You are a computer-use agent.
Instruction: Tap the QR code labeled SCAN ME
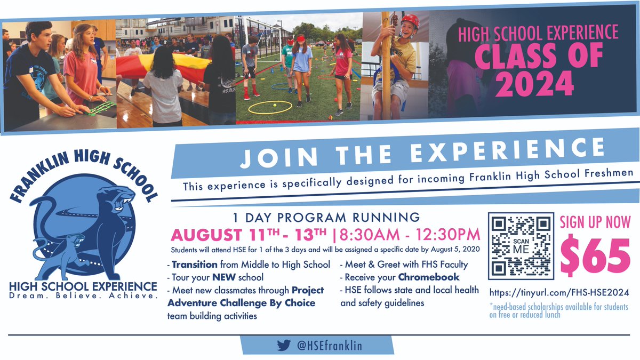point(521,245)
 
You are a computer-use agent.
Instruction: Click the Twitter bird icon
point(283,345)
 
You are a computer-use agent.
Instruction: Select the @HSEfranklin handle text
point(329,346)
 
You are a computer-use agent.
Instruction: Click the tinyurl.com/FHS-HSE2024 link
point(558,292)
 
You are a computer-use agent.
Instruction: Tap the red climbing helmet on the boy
point(410,21)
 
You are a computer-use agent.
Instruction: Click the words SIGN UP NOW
point(595,222)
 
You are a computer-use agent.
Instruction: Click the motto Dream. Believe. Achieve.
point(83,295)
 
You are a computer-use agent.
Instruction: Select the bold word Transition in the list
point(195,265)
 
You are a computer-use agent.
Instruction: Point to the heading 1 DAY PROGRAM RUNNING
point(326,218)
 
